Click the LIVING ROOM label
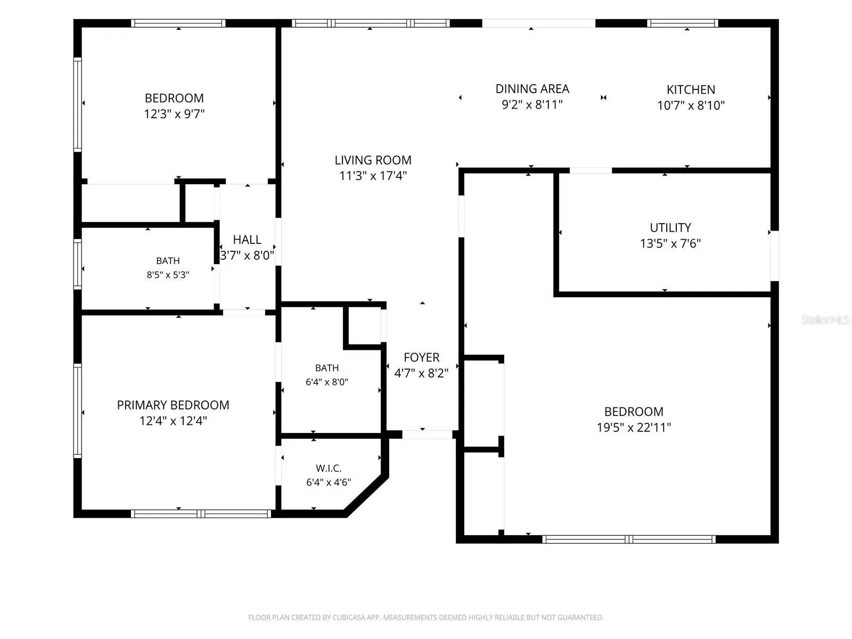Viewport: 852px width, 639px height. [x=373, y=160]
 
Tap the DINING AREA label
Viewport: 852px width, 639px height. [x=532, y=89]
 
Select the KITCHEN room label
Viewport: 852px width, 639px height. [x=691, y=89]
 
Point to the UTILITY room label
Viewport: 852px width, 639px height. [x=670, y=227]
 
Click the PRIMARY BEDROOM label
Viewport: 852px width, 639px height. [x=173, y=405]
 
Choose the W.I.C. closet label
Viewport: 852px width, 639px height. [x=329, y=468]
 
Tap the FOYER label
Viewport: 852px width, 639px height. [x=422, y=357]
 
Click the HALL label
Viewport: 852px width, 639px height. [x=247, y=240]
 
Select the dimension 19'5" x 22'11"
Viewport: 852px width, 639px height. [x=634, y=427]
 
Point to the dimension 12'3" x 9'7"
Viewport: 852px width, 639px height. [x=174, y=113]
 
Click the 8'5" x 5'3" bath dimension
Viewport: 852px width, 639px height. [x=168, y=275]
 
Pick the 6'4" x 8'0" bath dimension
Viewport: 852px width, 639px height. [x=327, y=382]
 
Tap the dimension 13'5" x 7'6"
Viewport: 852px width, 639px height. [x=670, y=243]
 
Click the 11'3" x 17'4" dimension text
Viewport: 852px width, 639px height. [x=373, y=176]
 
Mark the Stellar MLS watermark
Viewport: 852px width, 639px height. [x=825, y=319]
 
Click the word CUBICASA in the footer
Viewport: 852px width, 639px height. [x=346, y=617]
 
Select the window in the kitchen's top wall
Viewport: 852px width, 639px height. [x=682, y=23]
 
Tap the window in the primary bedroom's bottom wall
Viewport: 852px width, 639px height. [x=201, y=514]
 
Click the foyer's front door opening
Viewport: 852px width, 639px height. [x=427, y=435]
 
